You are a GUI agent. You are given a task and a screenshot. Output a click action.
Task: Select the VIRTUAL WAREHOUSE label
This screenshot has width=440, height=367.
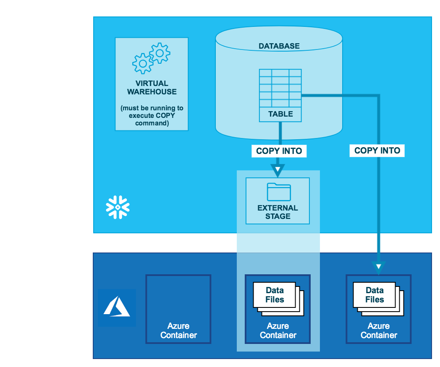[152, 88]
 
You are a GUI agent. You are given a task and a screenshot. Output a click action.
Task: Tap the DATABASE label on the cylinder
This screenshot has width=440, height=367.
[279, 46]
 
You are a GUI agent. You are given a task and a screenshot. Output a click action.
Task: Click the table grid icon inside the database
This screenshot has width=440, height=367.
[280, 88]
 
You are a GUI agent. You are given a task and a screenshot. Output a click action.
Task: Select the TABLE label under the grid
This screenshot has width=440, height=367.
[280, 114]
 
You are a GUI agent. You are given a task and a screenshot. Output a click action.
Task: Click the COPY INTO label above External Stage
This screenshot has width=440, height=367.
[279, 151]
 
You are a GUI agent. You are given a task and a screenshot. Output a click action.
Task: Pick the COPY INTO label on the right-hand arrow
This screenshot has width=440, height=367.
[377, 151]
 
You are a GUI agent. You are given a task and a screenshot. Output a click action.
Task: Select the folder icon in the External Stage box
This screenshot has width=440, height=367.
[278, 192]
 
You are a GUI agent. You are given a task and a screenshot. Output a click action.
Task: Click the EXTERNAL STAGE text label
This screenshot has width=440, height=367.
[278, 212]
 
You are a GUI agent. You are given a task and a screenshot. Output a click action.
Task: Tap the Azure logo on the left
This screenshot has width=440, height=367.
[117, 307]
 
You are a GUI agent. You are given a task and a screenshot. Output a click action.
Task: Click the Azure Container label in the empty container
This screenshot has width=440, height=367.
[178, 331]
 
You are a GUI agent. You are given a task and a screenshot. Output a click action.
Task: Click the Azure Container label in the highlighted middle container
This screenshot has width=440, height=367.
[278, 331]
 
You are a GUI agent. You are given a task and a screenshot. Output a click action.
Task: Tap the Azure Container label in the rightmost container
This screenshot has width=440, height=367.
[379, 331]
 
